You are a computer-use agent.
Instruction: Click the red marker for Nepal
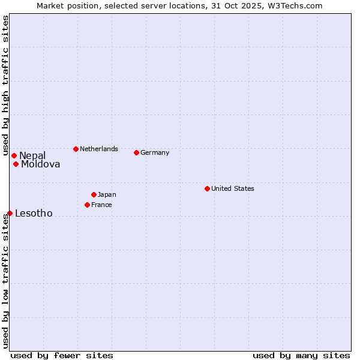[14, 156]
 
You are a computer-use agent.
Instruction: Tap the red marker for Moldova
[16, 164]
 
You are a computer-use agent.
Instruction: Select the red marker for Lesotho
[10, 213]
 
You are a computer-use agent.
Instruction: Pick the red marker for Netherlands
[76, 149]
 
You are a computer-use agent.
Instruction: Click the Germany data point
[136, 152]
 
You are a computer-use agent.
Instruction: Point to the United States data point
[207, 188]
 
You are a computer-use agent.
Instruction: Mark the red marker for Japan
[94, 194]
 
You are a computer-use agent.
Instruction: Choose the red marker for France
[87, 205]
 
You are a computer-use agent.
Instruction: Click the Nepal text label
[32, 156]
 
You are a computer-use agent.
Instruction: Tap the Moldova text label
[41, 164]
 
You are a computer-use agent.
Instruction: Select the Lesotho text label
[34, 214]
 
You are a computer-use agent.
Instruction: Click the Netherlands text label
[99, 149]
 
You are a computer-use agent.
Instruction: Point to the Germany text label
[155, 152]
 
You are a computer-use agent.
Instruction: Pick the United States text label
[233, 188]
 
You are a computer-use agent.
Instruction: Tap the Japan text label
[107, 194]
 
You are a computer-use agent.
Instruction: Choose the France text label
[101, 205]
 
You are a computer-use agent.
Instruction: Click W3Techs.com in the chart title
[293, 5]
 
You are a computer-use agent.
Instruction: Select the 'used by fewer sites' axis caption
[62, 355]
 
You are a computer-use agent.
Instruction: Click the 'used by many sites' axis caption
[301, 355]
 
